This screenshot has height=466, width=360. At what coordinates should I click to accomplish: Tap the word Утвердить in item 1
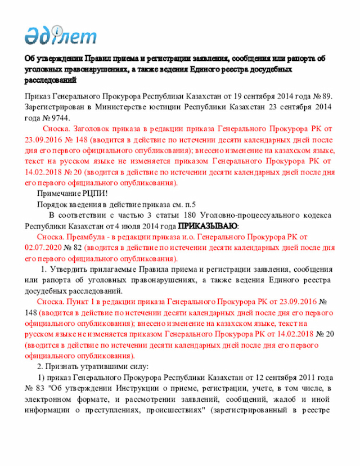[x=74, y=269]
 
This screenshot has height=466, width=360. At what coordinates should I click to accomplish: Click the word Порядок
[x=51, y=204]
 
